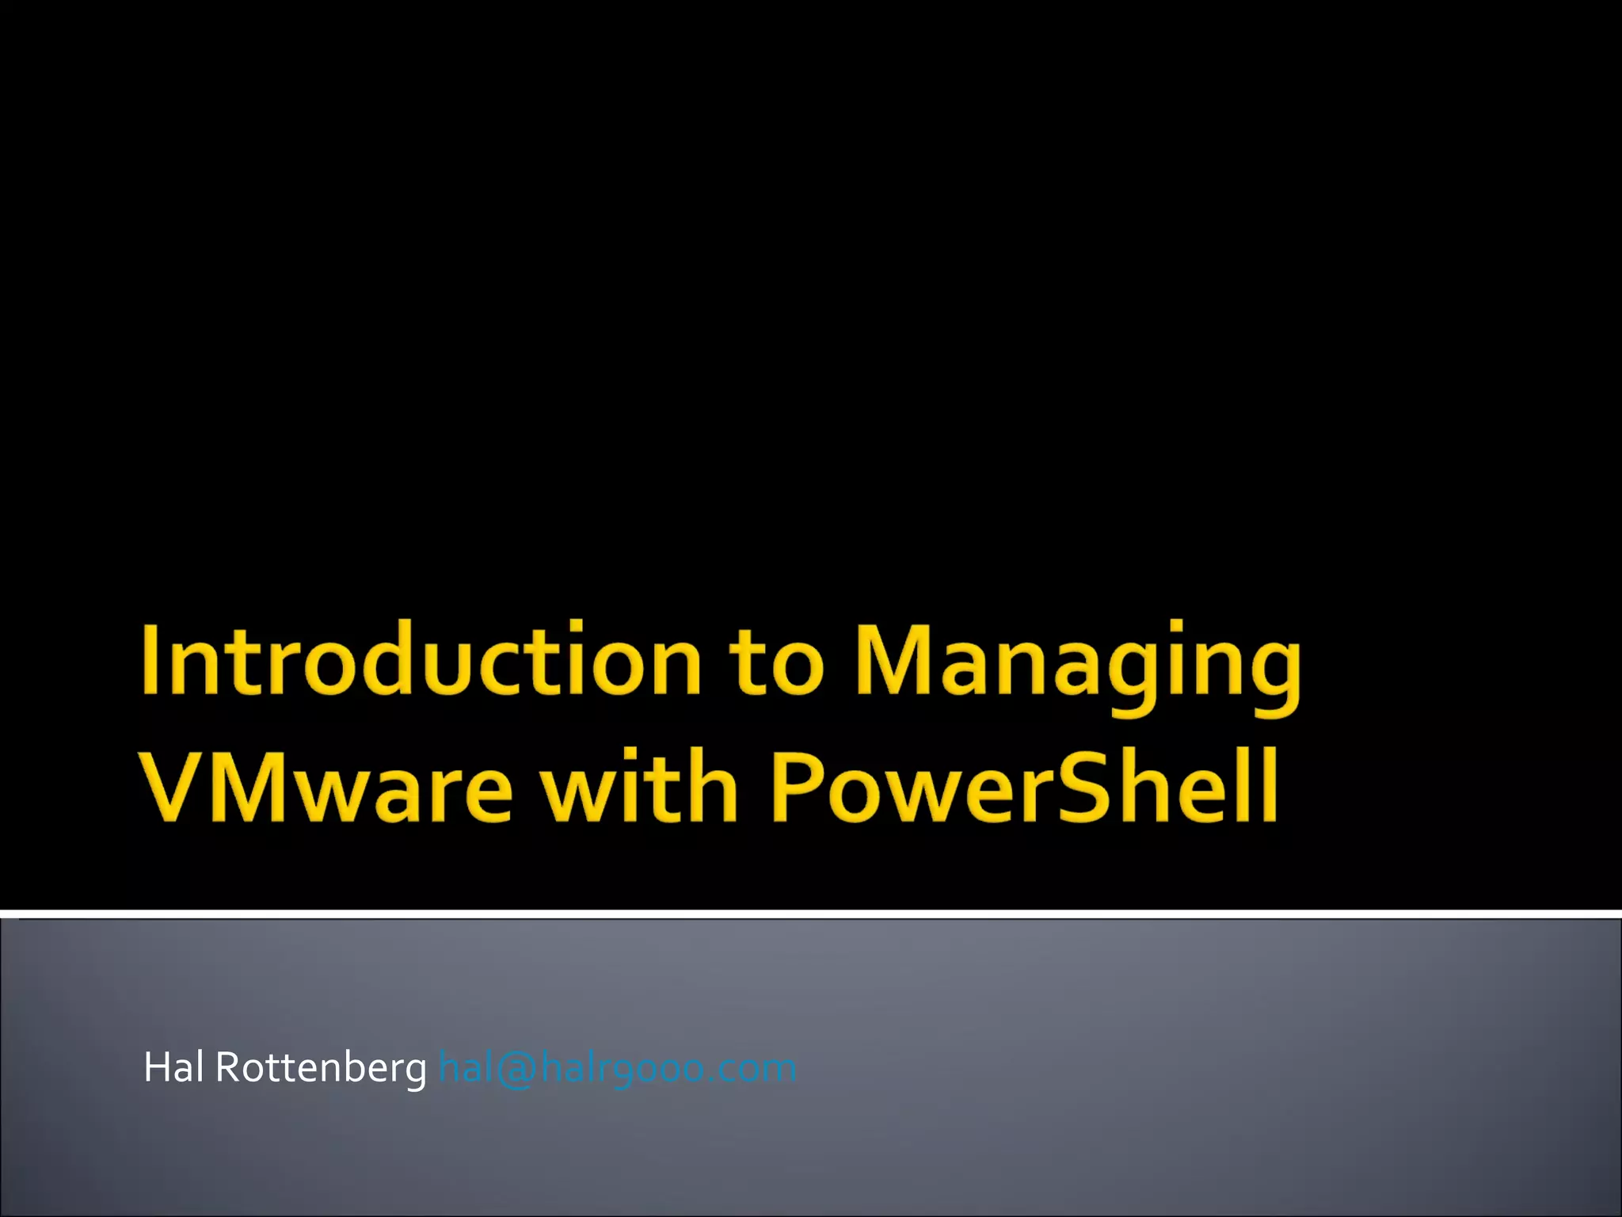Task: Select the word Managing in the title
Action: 1077,666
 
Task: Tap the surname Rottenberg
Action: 321,1069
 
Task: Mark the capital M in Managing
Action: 895,659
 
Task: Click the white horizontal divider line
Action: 811,914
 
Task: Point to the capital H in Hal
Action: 156,1067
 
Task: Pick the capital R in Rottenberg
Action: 229,1067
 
